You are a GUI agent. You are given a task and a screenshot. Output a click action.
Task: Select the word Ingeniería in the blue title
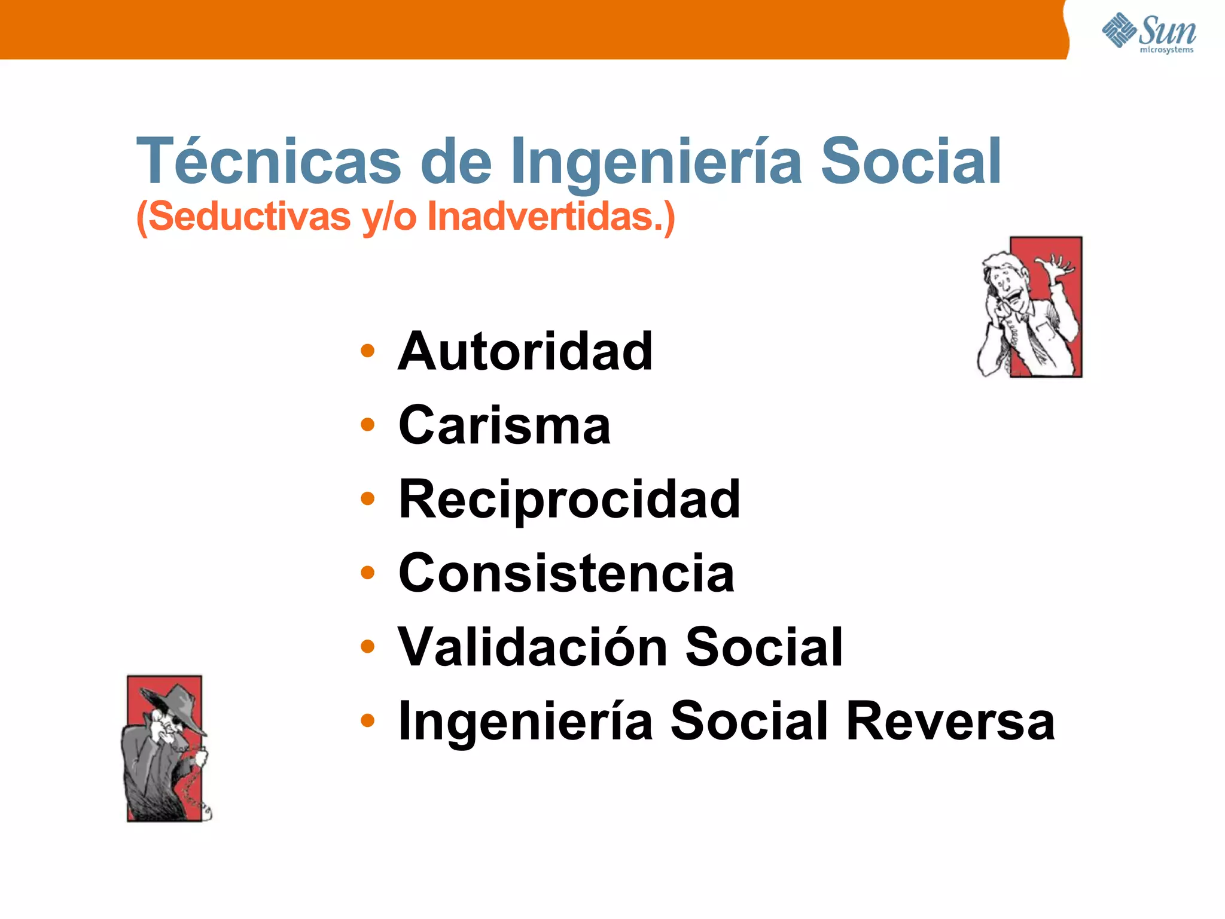[656, 162]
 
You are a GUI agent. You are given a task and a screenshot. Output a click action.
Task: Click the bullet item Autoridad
[525, 351]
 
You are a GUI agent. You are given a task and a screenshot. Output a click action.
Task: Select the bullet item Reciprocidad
[569, 499]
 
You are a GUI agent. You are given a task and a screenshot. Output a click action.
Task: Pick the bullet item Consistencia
[566, 573]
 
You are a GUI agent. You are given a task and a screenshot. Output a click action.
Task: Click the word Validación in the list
[532, 647]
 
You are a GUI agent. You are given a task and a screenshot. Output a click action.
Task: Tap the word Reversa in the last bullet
[951, 721]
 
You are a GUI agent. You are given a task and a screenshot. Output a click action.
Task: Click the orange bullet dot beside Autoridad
[368, 351]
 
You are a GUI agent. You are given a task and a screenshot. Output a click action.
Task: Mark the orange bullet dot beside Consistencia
[368, 573]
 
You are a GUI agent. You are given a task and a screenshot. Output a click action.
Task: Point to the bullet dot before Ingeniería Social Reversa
[368, 720]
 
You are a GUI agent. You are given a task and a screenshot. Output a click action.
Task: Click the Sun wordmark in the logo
[1167, 30]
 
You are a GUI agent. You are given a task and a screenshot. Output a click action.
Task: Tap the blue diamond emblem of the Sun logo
[1119, 30]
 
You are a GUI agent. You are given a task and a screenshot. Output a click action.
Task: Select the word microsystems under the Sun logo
[1166, 50]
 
